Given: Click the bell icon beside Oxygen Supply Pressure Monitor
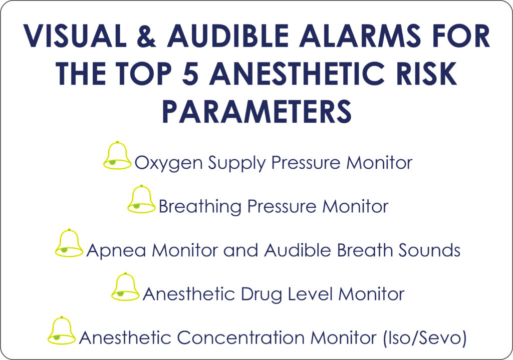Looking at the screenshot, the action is (x=117, y=156).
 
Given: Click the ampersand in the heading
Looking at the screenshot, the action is (x=146, y=36).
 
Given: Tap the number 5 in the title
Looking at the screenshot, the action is (x=190, y=73).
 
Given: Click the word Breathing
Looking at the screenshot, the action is (x=200, y=207).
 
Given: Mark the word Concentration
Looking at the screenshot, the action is (x=241, y=338).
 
